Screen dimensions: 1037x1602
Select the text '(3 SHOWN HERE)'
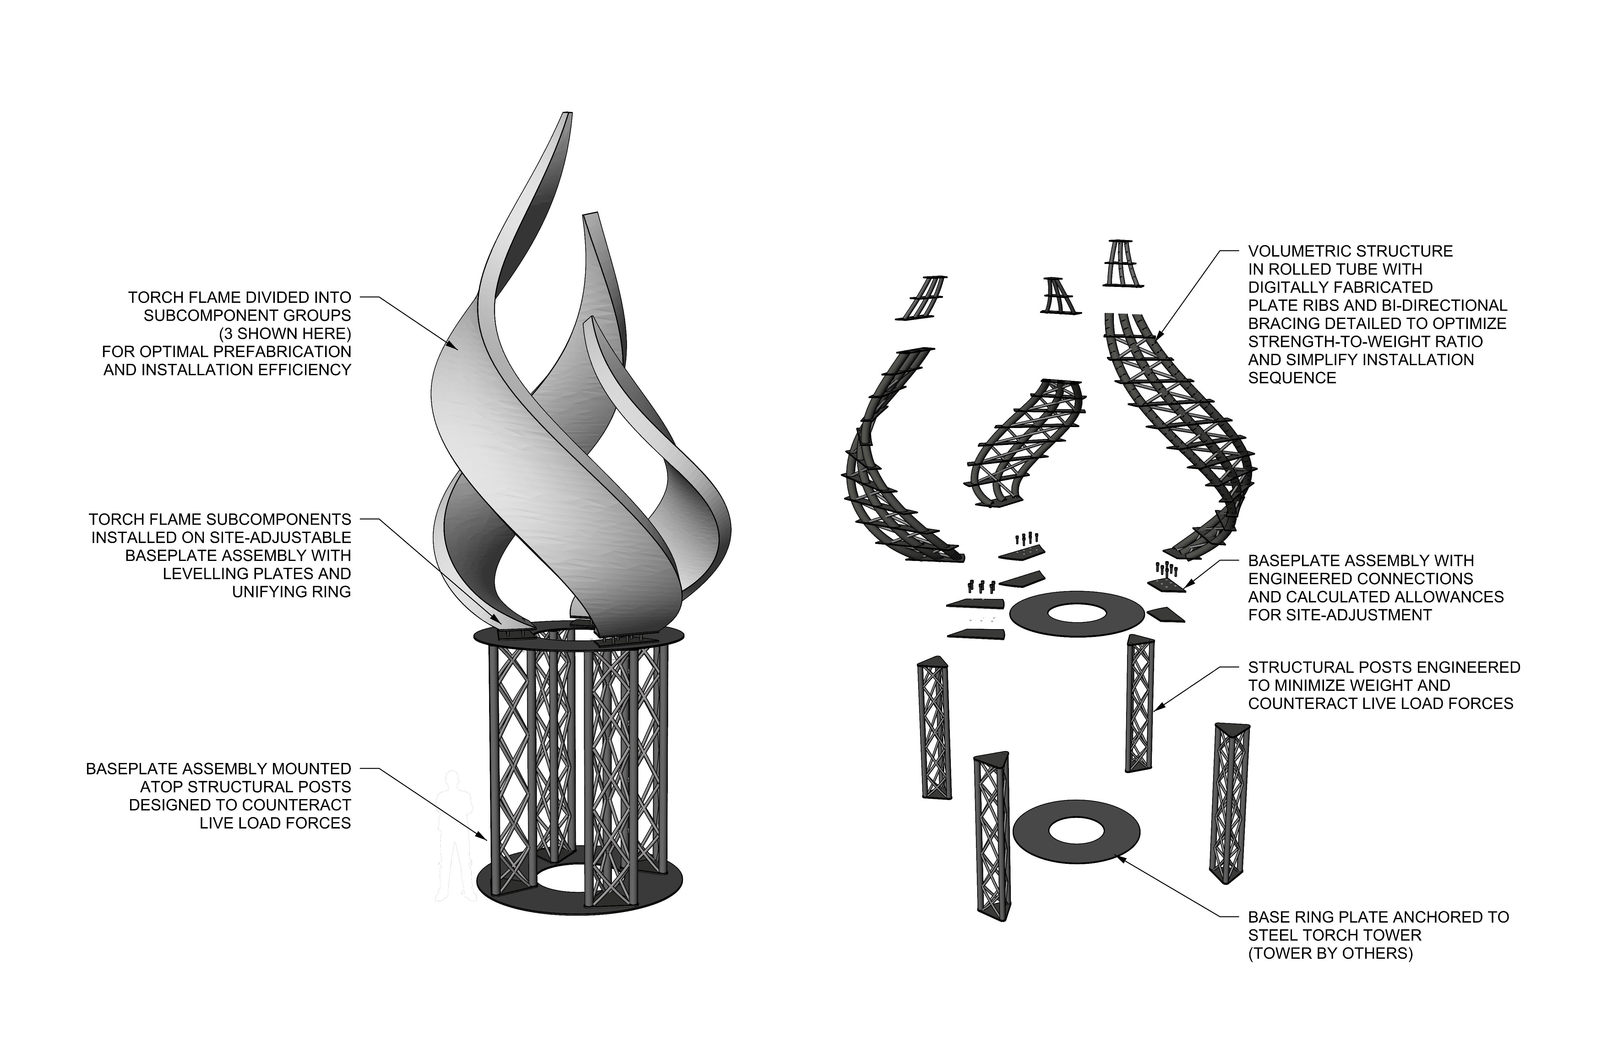coord(285,333)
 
